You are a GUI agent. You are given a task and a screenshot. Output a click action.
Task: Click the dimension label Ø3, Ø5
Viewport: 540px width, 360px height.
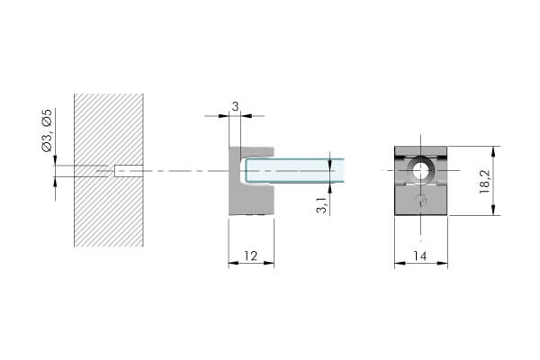point(47,130)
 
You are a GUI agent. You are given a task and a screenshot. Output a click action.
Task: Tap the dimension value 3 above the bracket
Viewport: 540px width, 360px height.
point(235,106)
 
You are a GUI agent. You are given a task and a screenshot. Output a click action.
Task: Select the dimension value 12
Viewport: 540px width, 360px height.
point(251,256)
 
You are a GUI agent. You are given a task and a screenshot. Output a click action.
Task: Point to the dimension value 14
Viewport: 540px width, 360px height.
point(420,256)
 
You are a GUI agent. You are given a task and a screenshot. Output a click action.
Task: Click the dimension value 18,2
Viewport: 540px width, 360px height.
point(484,182)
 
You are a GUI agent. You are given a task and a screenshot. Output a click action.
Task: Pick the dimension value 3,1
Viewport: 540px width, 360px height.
point(322,204)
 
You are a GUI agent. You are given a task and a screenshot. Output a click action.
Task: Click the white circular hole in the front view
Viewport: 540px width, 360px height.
point(420,171)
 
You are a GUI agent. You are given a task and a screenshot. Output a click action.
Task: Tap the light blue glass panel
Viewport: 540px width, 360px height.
point(295,171)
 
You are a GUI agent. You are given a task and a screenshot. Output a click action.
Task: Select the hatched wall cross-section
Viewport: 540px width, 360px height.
point(109,170)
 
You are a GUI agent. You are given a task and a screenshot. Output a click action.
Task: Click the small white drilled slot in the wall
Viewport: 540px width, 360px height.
point(129,171)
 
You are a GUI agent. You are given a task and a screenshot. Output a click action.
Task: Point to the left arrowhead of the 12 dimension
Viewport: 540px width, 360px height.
point(233,263)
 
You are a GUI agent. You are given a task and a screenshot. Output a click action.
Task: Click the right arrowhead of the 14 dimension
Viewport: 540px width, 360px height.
point(443,263)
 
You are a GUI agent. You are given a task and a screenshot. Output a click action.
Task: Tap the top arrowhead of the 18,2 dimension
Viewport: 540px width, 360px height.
point(493,151)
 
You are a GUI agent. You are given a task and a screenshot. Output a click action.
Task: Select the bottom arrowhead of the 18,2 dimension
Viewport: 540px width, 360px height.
point(493,210)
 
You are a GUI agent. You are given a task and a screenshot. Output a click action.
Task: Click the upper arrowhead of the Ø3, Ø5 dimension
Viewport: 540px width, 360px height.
point(55,160)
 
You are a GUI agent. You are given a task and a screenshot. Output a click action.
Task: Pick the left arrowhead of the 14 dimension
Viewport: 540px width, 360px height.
point(400,263)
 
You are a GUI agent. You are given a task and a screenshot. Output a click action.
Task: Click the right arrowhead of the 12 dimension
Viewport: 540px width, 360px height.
point(269,263)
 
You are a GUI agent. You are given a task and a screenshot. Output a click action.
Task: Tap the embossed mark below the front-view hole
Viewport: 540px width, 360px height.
point(421,200)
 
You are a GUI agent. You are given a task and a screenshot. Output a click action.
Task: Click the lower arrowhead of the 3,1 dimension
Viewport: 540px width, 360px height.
point(330,188)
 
